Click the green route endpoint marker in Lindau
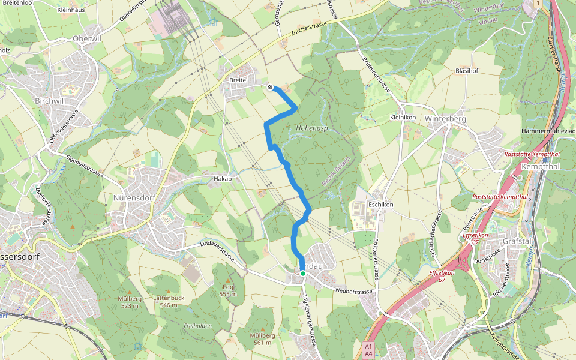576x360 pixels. tap(303, 274)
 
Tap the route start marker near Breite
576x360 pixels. tap(271, 87)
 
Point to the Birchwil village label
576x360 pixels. tap(49, 101)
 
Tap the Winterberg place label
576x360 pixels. tap(445, 118)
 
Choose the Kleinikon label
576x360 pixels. tap(403, 118)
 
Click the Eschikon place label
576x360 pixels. tap(380, 205)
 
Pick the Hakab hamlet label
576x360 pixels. tap(223, 179)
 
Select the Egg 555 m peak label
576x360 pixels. tap(228, 290)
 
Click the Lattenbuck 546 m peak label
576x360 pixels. tap(169, 301)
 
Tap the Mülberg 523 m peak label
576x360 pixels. tap(130, 302)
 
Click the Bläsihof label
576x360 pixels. tap(466, 71)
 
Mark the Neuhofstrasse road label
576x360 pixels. tap(355, 291)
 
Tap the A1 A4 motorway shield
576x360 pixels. tap(368, 350)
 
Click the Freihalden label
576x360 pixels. tap(197, 326)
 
